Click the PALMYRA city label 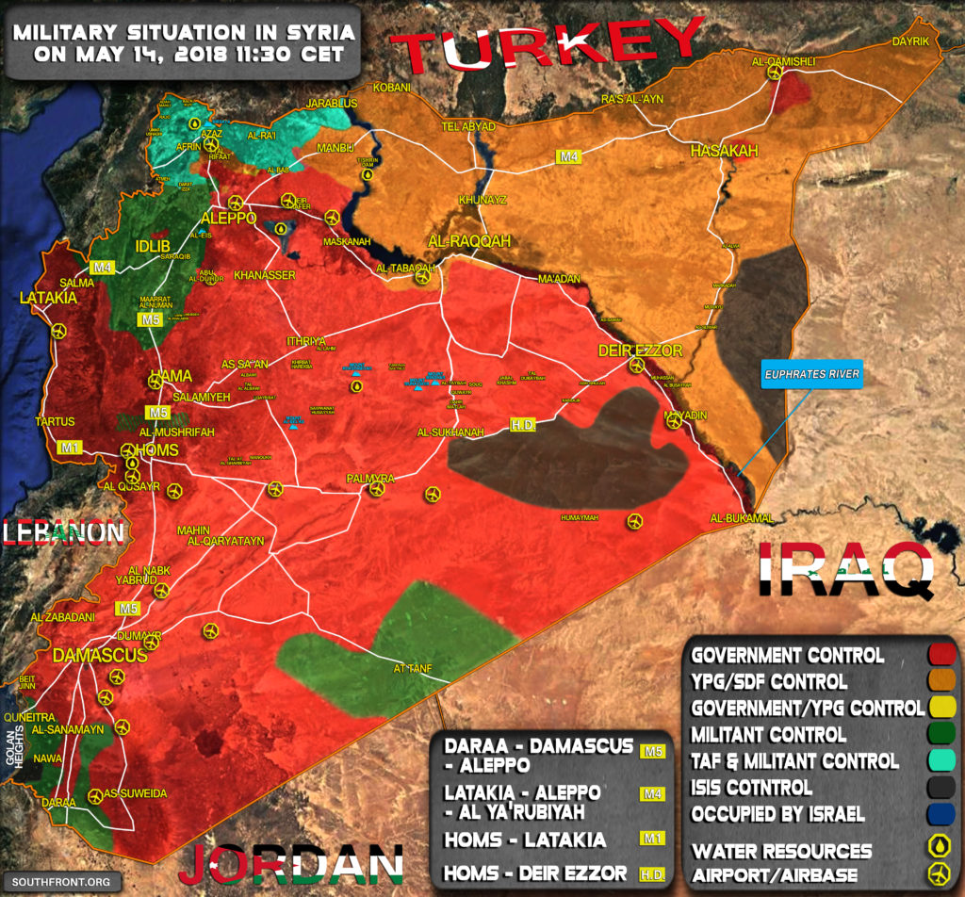tap(369, 479)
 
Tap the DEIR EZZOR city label tap(640, 351)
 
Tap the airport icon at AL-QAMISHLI tap(775, 73)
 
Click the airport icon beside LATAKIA tap(60, 331)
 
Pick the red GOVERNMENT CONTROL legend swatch tap(940, 655)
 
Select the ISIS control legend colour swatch tap(940, 787)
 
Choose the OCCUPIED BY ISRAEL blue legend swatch tap(940, 813)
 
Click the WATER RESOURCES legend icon tap(940, 847)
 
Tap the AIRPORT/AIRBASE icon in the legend tap(940, 873)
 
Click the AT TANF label tap(412, 669)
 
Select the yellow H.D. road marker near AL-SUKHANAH tap(523, 426)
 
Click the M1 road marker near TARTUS tap(69, 446)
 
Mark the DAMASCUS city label tap(99, 655)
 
